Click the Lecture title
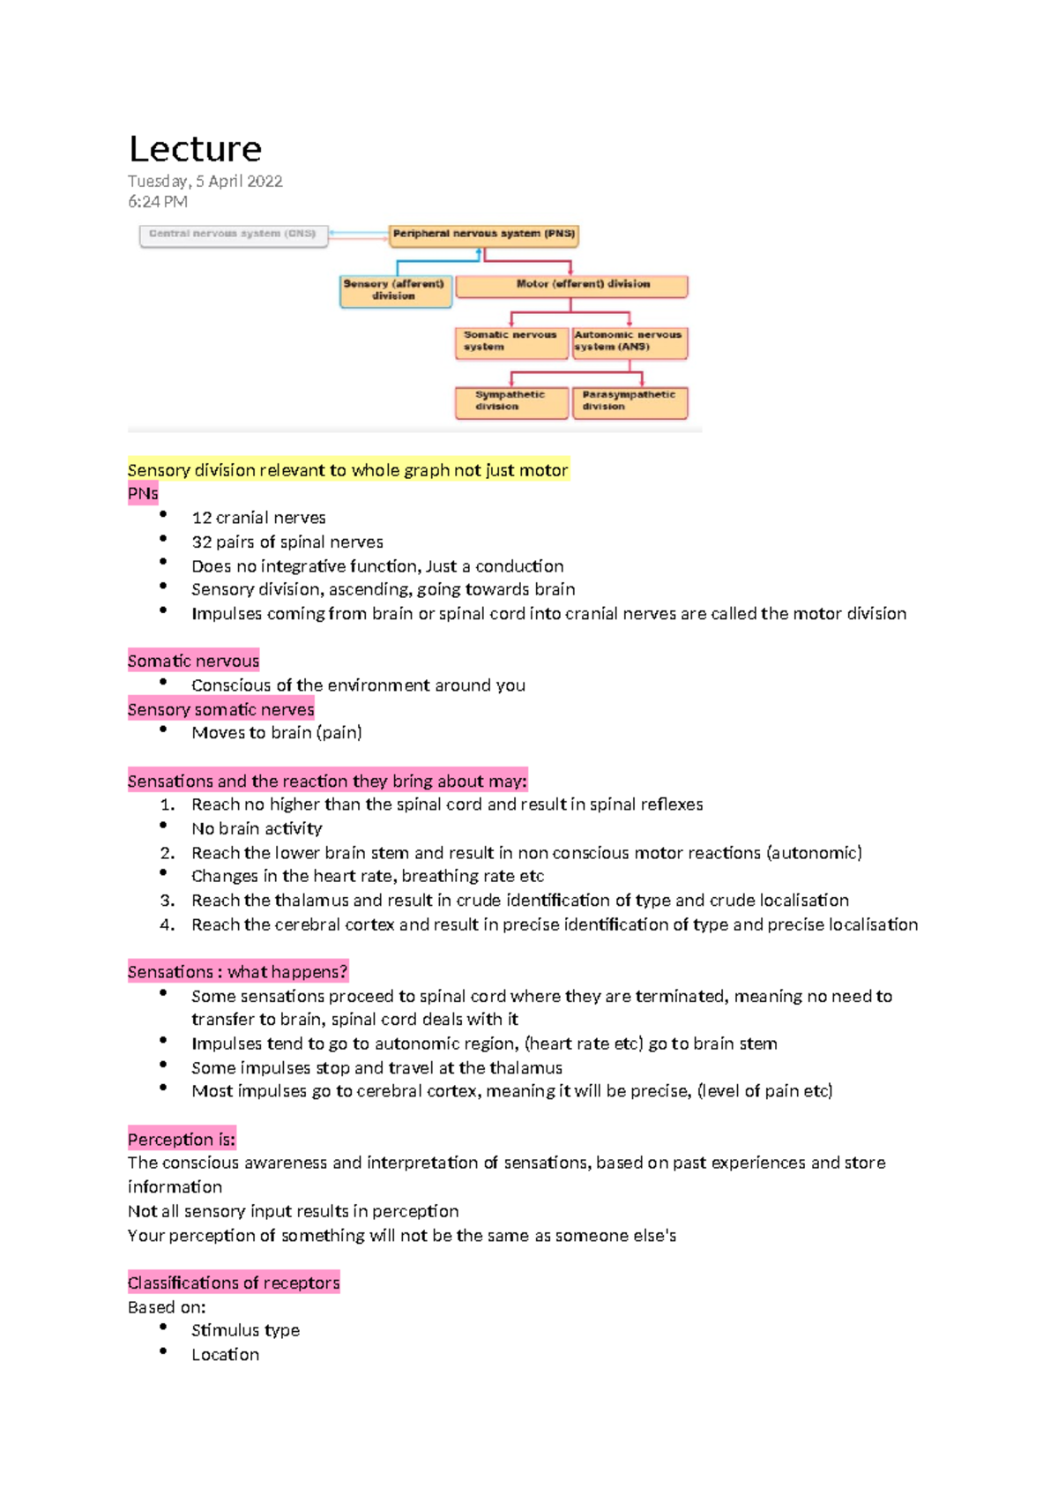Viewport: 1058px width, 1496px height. click(195, 149)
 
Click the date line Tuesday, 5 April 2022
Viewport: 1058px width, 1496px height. click(205, 181)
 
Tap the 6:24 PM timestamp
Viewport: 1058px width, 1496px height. click(157, 201)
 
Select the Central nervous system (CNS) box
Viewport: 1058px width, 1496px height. click(233, 235)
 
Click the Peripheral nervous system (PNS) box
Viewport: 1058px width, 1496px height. click(483, 235)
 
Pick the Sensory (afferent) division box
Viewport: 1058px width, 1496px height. click(394, 290)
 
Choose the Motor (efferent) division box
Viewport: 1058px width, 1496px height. click(570, 285)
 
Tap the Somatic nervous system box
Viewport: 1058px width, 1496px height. click(510, 341)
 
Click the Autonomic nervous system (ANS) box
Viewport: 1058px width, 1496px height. click(629, 341)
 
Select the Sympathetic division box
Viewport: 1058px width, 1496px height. click(510, 401)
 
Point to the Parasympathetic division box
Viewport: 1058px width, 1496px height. click(629, 401)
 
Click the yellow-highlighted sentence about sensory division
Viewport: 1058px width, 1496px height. click(347, 470)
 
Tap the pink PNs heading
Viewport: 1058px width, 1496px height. click(143, 493)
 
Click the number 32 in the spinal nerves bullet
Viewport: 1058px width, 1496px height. click(201, 542)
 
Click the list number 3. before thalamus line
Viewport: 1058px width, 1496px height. click(168, 901)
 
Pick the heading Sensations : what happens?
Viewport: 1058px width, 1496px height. click(237, 971)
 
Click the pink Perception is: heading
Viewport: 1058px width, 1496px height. click(182, 1139)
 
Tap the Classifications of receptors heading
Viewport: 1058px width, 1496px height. click(234, 1283)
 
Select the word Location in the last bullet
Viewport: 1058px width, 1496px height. click(226, 1355)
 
